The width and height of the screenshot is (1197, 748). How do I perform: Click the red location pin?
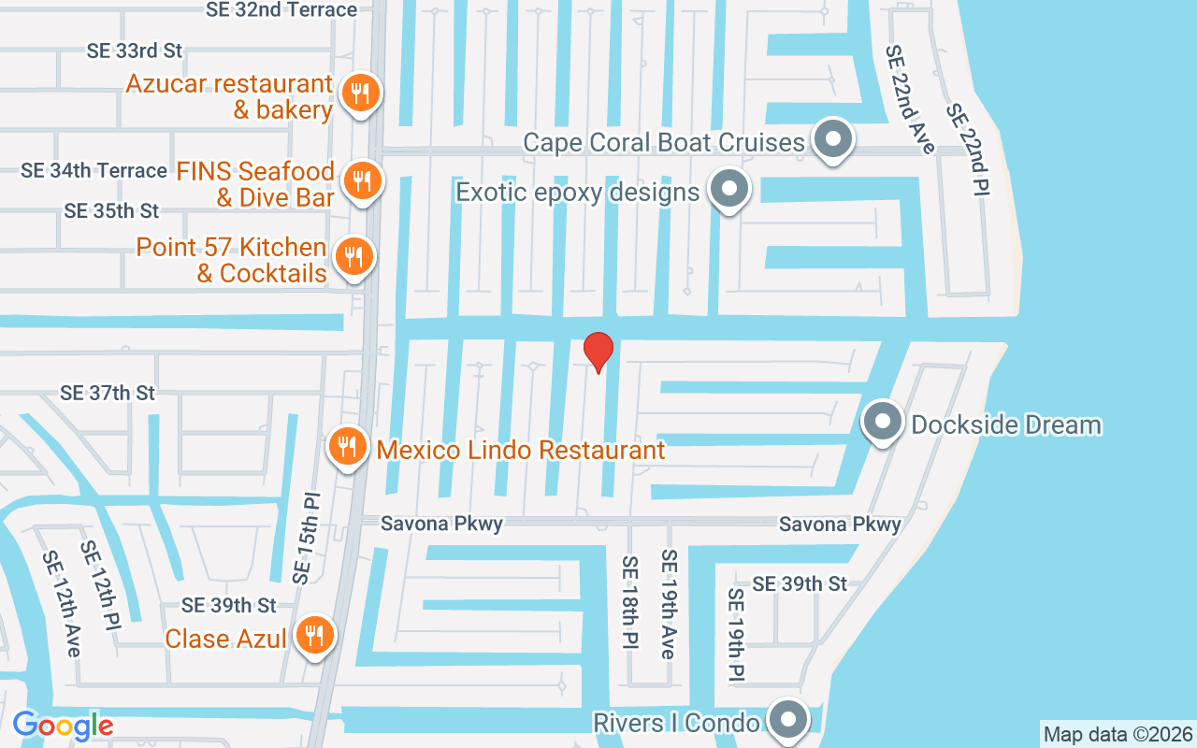598,352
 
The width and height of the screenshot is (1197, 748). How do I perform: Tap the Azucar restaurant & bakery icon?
359,93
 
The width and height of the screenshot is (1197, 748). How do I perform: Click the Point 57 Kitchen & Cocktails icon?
353,256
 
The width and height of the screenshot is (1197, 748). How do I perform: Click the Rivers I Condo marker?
787,720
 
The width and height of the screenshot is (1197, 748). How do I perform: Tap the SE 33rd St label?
135,50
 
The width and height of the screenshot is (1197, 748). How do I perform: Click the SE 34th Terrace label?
94,170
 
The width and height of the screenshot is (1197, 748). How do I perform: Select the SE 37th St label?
108,393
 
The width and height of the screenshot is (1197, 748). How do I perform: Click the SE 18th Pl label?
629,604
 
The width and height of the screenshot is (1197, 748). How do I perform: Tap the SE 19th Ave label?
668,604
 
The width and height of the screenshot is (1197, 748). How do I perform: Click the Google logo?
63,725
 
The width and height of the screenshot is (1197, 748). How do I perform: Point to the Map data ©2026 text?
1118,734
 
